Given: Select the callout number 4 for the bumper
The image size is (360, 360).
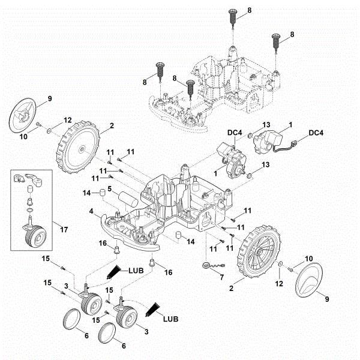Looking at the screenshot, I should [x=91, y=211].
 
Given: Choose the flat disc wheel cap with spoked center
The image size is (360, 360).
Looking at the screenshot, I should [x=24, y=115].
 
